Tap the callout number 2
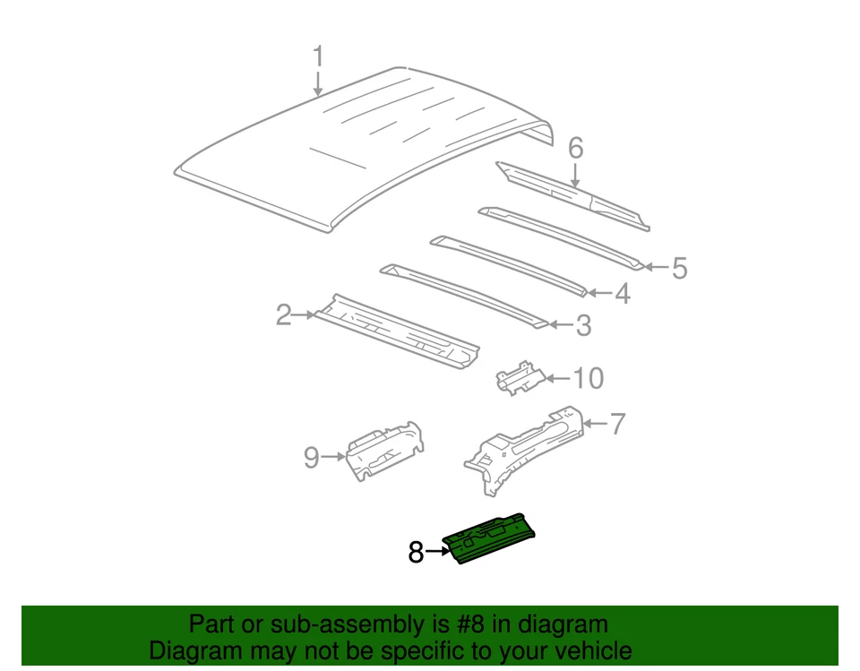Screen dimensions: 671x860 [284, 314]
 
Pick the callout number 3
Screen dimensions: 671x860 [583, 326]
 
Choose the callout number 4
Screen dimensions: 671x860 [621, 294]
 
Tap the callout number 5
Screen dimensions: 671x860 [679, 267]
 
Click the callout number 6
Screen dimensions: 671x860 [575, 147]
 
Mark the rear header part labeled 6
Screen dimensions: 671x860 [573, 192]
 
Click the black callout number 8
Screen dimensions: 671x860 [416, 553]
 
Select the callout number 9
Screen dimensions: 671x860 [311, 458]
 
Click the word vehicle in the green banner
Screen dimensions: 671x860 [587, 650]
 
